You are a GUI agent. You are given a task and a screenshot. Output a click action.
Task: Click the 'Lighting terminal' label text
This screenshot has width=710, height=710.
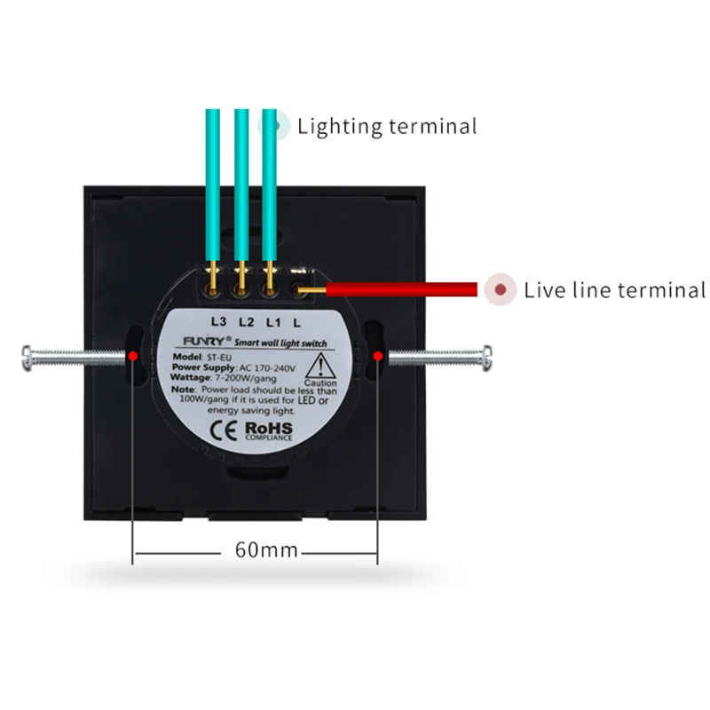pyautogui.click(x=387, y=126)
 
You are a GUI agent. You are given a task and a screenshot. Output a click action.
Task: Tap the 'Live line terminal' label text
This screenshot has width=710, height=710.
pyautogui.click(x=614, y=289)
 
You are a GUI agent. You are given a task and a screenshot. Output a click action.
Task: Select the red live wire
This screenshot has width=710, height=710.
pyautogui.click(x=399, y=289)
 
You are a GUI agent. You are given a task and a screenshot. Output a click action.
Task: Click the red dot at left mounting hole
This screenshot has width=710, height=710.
pyautogui.click(x=132, y=356)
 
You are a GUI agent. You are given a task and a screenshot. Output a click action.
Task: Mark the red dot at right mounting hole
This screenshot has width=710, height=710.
pyautogui.click(x=378, y=356)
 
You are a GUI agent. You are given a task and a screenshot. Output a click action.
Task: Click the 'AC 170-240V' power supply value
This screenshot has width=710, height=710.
pyautogui.click(x=270, y=367)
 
